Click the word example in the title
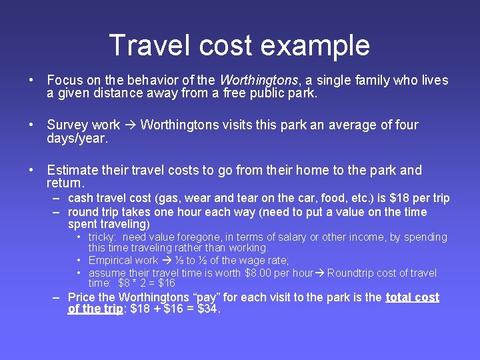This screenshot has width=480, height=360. coord(315,45)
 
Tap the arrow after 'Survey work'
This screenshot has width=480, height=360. coord(131,125)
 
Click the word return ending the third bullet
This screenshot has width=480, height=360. coord(65,183)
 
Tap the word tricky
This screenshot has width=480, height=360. coord(103,237)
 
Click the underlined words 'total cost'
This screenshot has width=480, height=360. coord(413,297)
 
